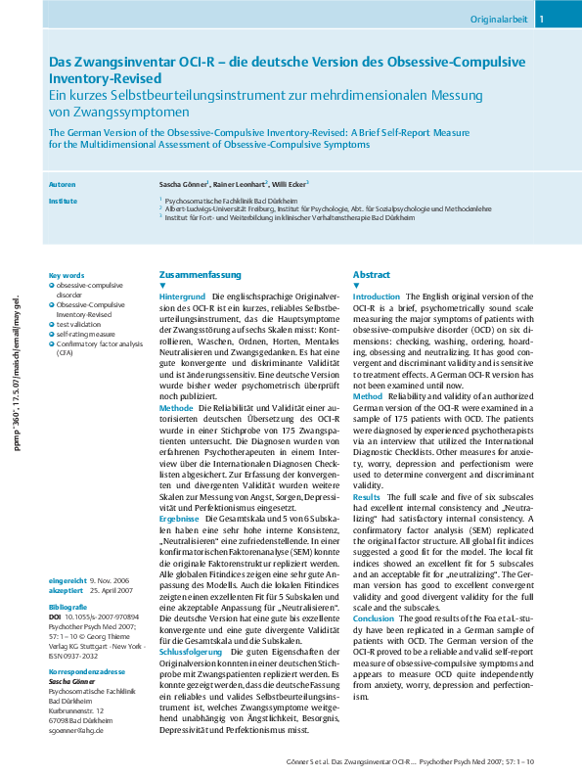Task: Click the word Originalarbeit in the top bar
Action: tap(499, 18)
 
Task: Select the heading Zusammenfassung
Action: tap(198, 275)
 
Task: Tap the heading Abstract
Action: tap(372, 275)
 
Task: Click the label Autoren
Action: tap(62, 184)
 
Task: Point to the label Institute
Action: tap(63, 201)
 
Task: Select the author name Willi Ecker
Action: tap(291, 184)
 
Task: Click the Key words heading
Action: tap(67, 275)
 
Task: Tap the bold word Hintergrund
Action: tap(182, 296)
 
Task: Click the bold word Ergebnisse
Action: tap(179, 518)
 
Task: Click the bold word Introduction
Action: tap(377, 296)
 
